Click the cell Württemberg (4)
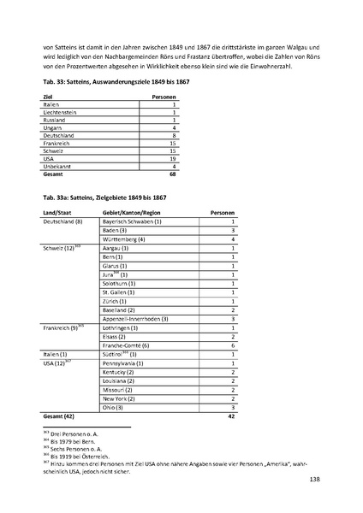pyautogui.click(x=124, y=239)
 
